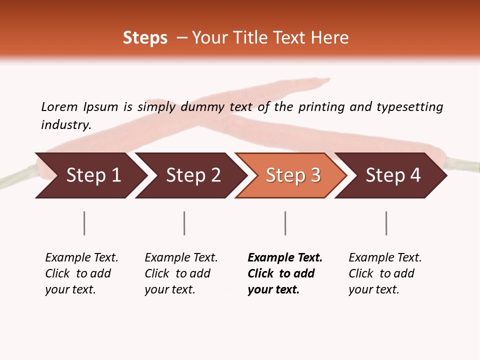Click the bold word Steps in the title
click(x=145, y=38)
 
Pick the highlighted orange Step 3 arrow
click(x=293, y=175)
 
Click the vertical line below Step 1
click(x=84, y=223)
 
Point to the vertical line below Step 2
click(x=184, y=223)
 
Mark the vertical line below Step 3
click(x=285, y=223)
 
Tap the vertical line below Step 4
click(x=386, y=223)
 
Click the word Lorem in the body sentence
click(x=59, y=106)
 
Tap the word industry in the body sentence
click(x=65, y=124)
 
